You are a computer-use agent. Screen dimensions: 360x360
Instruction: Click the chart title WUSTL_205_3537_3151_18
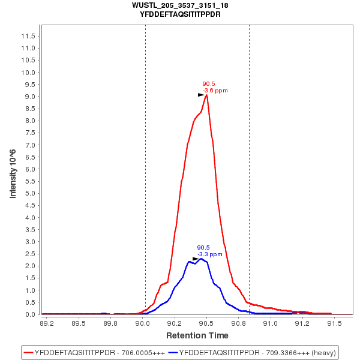(x=180, y=5)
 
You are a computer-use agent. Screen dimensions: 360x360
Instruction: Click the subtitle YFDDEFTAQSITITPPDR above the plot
(x=180, y=14)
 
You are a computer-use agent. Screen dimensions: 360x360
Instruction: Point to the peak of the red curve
(x=206, y=95)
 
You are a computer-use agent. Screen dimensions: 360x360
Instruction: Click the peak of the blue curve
(x=202, y=259)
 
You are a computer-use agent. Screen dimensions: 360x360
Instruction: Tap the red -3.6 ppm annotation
(x=215, y=91)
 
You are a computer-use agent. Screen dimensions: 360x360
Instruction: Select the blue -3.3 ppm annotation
(x=210, y=254)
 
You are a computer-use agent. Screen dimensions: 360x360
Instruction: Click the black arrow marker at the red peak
(x=202, y=95)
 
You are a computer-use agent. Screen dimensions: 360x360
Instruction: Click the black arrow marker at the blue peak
(x=196, y=259)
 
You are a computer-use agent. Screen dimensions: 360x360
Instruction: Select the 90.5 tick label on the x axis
(x=206, y=323)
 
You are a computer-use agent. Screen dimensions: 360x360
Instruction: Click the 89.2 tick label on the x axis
(x=46, y=323)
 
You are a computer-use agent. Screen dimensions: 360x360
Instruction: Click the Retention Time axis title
(x=197, y=335)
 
